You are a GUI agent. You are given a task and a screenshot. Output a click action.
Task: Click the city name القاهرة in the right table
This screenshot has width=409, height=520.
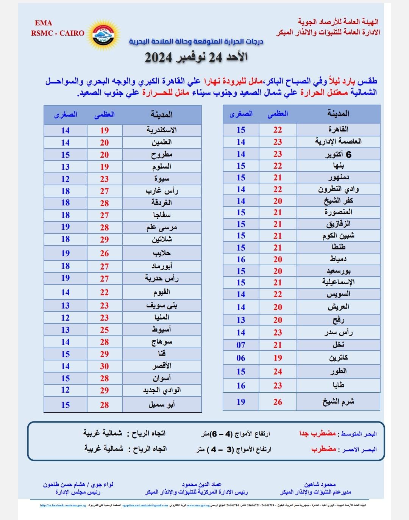pyautogui.click(x=338, y=129)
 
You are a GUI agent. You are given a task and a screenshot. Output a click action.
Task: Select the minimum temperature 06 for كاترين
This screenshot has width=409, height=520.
pyautogui.click(x=241, y=358)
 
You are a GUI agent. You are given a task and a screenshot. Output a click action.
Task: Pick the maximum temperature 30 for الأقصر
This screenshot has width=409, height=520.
pyautogui.click(x=105, y=366)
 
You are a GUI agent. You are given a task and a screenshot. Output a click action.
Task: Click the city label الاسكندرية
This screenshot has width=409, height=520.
pyautogui.click(x=162, y=130)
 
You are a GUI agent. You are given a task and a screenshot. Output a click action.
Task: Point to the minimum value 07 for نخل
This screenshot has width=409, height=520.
pyautogui.click(x=241, y=345)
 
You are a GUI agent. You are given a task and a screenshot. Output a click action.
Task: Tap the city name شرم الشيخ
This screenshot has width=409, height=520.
pyautogui.click(x=338, y=401)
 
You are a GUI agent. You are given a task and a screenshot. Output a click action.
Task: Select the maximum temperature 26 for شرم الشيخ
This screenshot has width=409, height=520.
pyautogui.click(x=278, y=402)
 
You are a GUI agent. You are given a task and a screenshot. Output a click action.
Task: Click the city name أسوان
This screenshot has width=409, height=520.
pyautogui.click(x=162, y=378)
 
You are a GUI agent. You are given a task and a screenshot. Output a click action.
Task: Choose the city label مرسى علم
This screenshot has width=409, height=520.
pyautogui.click(x=162, y=227)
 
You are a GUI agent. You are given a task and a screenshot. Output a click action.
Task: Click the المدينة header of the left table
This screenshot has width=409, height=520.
pyautogui.click(x=162, y=114)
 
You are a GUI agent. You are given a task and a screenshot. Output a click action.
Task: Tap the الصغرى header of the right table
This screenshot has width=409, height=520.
pyautogui.click(x=241, y=113)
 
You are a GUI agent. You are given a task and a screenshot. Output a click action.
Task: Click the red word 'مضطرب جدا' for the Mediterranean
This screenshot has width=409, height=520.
pyautogui.click(x=317, y=433)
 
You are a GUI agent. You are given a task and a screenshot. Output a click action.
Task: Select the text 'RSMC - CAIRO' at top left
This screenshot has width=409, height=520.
pyautogui.click(x=58, y=33)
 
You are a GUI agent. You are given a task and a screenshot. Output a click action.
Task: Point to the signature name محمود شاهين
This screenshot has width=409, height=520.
pyautogui.click(x=320, y=484)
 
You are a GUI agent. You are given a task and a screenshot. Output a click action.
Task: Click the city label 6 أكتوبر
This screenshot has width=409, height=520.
pyautogui.click(x=338, y=154)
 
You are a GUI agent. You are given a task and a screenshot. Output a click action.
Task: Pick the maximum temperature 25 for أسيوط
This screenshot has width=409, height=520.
pyautogui.click(x=105, y=330)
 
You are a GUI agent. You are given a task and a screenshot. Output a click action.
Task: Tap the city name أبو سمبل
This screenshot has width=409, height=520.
pyautogui.click(x=162, y=404)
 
